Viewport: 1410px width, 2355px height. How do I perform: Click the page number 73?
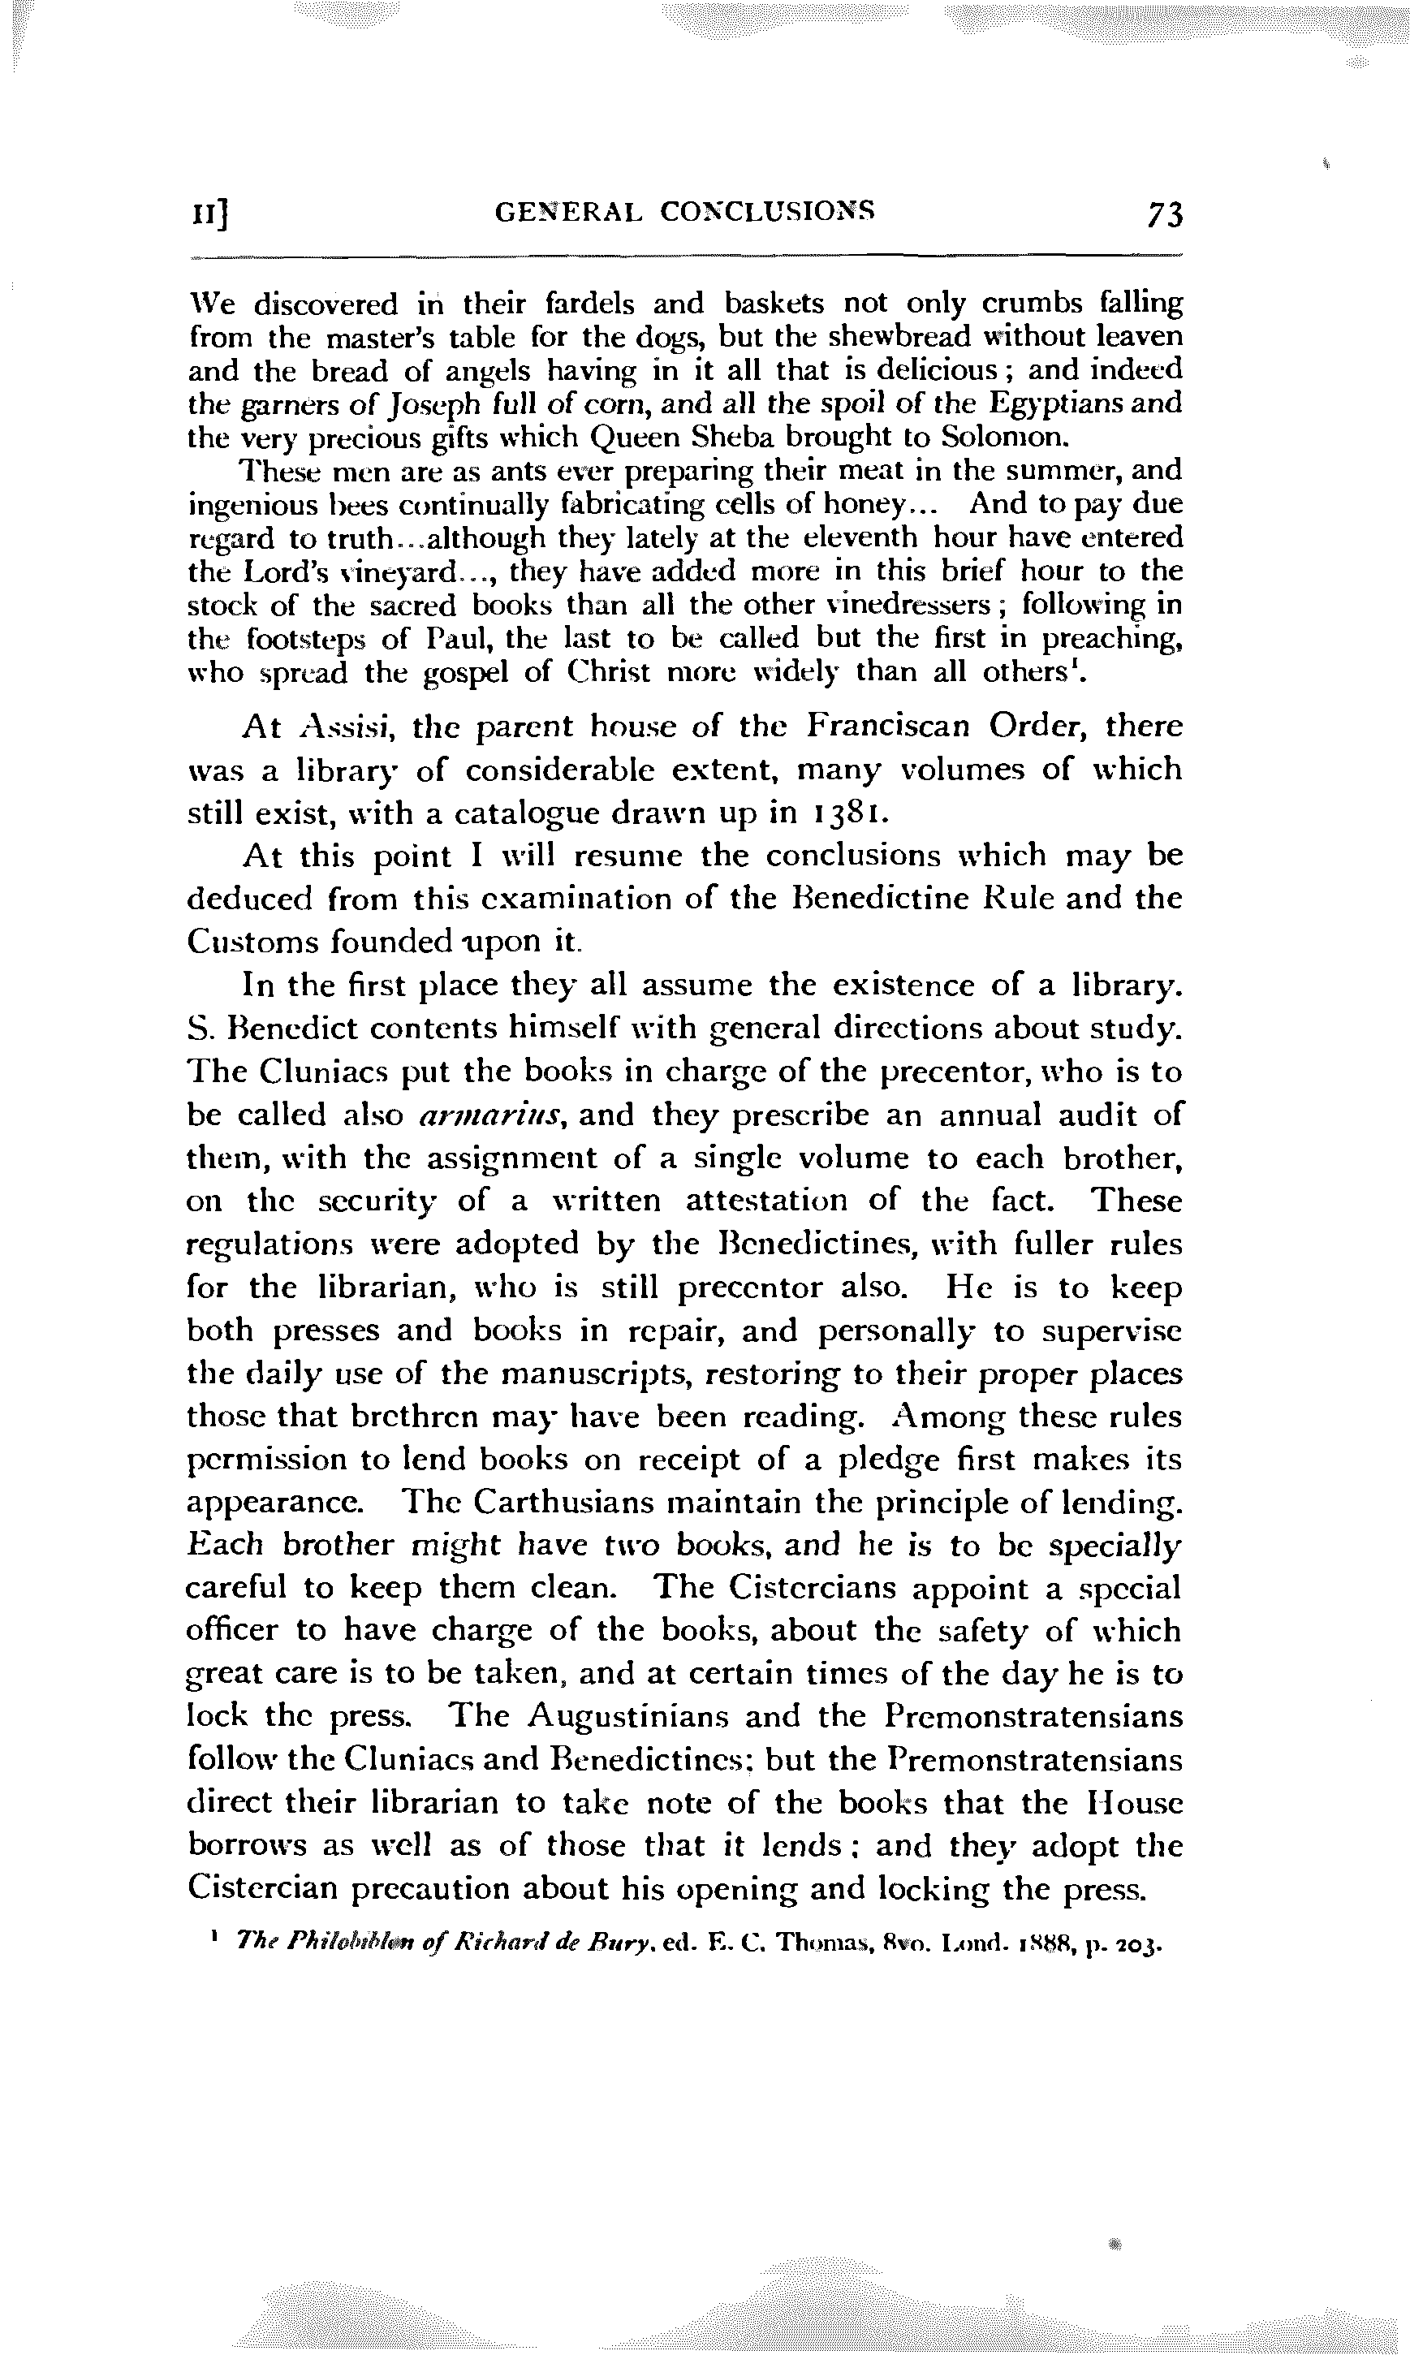[1164, 217]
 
